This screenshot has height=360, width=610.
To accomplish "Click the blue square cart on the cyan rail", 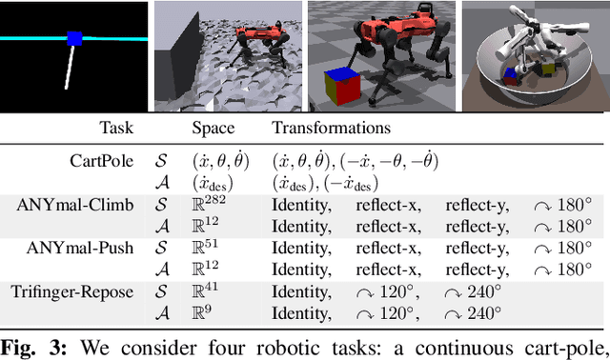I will click(75, 39).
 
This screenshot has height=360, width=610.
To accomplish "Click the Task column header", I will click(117, 127).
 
